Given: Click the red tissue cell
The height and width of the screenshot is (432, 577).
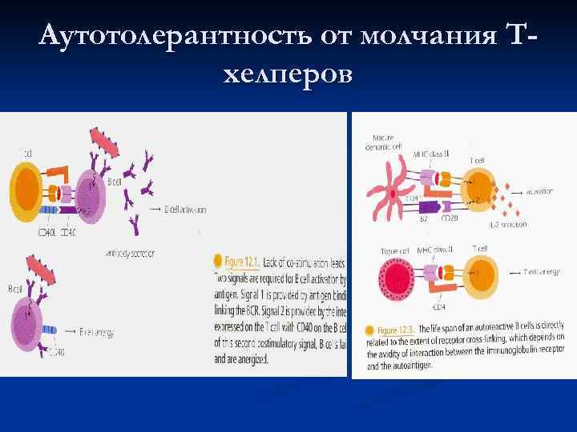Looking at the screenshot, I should [x=397, y=282].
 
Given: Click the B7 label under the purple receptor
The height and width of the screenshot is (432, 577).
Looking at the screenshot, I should [x=426, y=219].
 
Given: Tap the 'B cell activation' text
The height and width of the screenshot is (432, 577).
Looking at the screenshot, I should [x=185, y=210].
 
